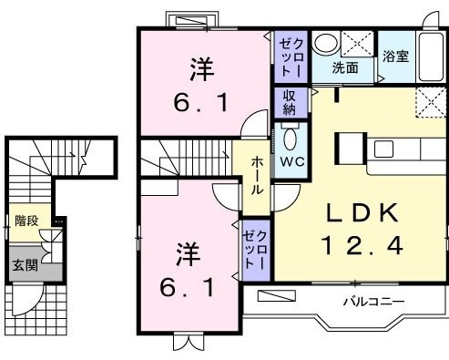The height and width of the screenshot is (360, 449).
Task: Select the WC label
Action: click(291, 160)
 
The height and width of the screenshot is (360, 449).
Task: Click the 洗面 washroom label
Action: click(343, 67)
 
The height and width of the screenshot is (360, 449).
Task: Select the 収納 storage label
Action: click(289, 101)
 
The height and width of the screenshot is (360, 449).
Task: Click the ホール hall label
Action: click(258, 173)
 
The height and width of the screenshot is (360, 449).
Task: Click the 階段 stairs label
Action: click(26, 221)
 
